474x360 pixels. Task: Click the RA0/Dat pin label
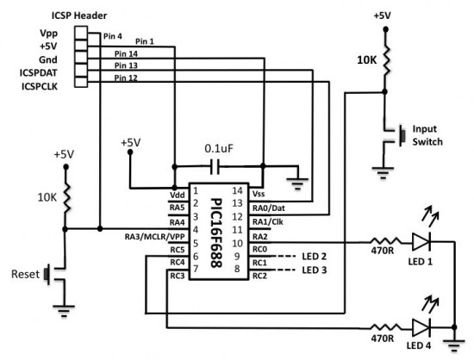click(269, 208)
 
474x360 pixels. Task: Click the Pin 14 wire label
click(125, 53)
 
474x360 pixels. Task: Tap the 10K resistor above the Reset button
click(67, 197)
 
